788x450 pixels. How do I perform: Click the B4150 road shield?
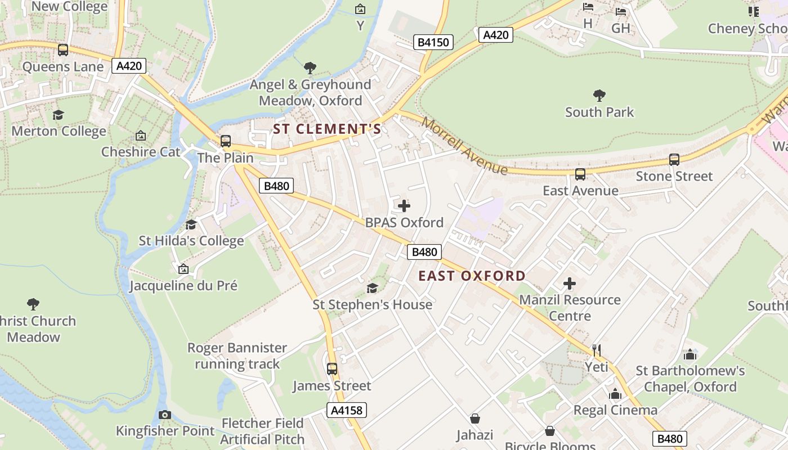point(433,42)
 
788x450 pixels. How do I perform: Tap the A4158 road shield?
point(346,410)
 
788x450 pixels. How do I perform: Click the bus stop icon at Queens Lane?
point(63,50)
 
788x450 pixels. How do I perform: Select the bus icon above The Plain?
point(225,141)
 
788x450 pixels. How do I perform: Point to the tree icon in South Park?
point(599,95)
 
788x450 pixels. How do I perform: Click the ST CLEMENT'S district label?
point(327,129)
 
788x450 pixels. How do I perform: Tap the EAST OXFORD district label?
point(472,276)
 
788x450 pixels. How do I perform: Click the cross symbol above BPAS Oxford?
point(404,206)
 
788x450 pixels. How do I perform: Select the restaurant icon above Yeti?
point(597,350)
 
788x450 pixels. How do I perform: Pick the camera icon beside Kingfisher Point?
point(164,415)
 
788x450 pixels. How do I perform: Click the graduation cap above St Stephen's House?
point(372,288)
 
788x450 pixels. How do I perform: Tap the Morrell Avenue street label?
point(464,146)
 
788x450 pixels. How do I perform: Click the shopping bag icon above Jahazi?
point(475,418)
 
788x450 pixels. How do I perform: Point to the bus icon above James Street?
point(332,369)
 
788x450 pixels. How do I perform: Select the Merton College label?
point(59,131)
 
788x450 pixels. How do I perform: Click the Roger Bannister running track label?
point(237,355)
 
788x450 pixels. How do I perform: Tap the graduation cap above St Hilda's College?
point(191,224)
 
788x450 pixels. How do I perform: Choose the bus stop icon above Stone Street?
point(674,159)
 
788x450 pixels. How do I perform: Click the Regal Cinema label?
point(615,410)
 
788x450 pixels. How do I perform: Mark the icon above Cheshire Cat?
point(141,136)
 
